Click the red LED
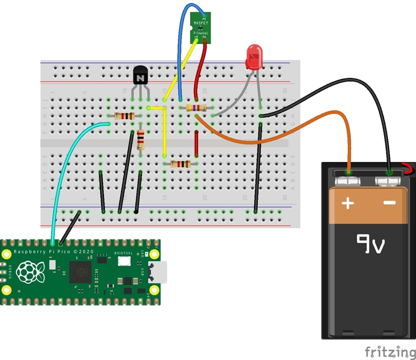point(254,56)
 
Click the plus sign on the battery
point(348,203)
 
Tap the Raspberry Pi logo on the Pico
point(29,271)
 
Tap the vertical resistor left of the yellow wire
point(141,139)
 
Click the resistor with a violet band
point(196,108)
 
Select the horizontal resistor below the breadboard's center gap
point(180,164)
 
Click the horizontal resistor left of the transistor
point(124,116)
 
